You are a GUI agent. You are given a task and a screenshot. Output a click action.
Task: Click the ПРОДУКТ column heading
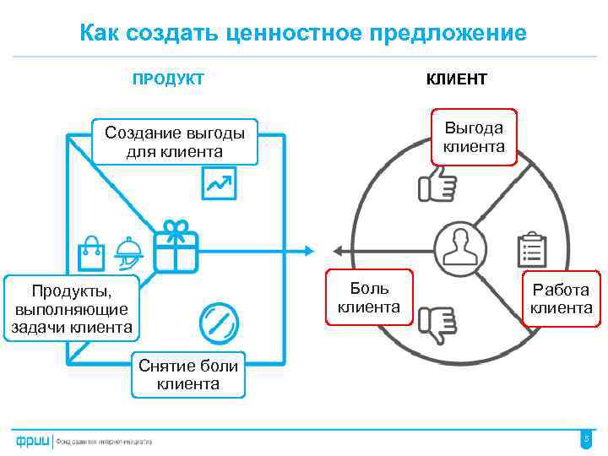pos(167,79)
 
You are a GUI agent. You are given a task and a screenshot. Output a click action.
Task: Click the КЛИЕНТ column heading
pos(456,79)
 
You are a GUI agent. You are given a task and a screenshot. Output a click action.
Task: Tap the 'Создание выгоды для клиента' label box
pos(175,142)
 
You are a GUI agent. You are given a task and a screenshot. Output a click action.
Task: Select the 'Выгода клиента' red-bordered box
pos(474,137)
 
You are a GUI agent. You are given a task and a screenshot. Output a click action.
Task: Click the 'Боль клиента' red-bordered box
pos(369,297)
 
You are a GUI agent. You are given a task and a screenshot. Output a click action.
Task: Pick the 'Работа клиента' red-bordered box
pos(561,299)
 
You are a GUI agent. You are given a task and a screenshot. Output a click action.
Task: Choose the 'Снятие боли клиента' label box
pos(187,374)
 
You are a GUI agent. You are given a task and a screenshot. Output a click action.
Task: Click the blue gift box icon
pos(176,246)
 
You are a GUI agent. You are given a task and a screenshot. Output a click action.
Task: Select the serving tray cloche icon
pos(129,251)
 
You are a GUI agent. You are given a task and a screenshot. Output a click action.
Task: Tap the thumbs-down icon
pos(437,324)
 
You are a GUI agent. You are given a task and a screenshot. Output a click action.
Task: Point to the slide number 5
pos(586,438)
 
